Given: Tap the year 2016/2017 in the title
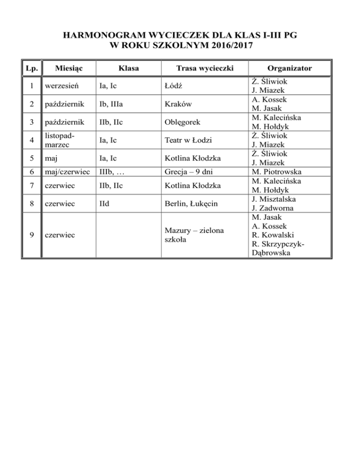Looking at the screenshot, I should (230, 46).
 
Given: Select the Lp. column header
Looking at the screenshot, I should (31, 68).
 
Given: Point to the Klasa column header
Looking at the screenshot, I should (128, 68).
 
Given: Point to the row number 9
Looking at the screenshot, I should (31, 235).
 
